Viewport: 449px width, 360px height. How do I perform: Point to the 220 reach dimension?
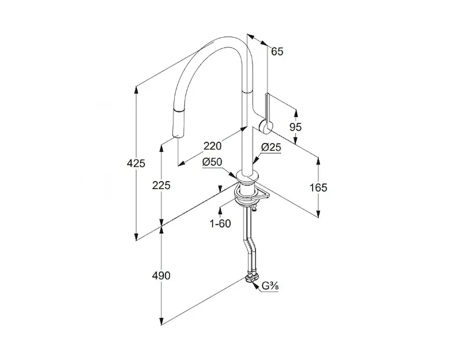tap(212, 145)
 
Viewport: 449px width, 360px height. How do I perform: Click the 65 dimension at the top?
tap(277, 51)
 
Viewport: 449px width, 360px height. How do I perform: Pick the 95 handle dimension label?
tap(295, 127)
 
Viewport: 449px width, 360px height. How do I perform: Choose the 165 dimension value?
tap(318, 187)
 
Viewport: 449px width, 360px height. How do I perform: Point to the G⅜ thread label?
tap(268, 286)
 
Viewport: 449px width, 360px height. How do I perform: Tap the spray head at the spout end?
tap(178, 122)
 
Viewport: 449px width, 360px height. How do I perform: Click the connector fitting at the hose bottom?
tap(250, 278)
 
